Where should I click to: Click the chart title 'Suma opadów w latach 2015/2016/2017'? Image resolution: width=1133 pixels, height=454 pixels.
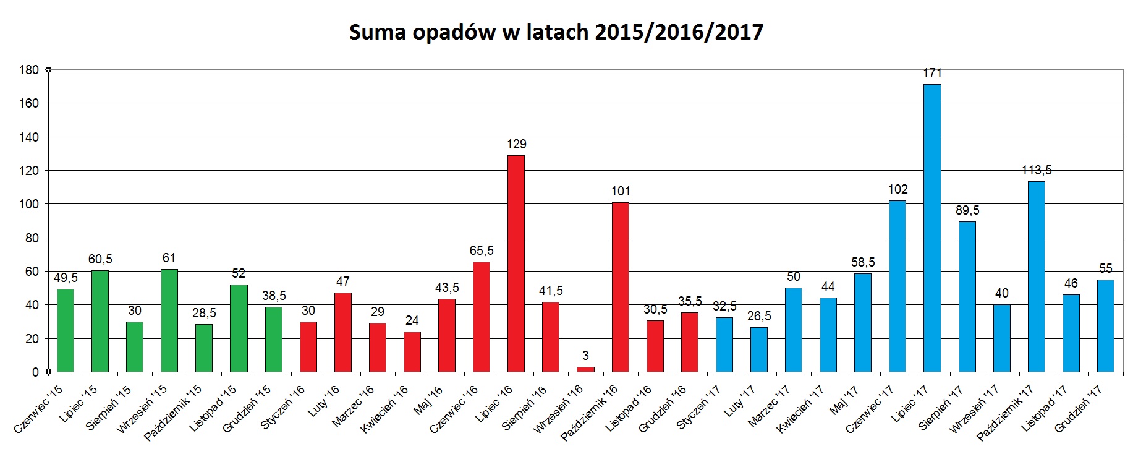click(x=556, y=32)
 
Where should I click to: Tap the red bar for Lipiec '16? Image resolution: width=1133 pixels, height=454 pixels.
click(x=516, y=263)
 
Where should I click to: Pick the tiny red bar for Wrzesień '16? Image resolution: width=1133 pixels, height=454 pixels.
click(x=585, y=369)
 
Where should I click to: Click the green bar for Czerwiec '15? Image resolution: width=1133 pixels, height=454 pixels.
click(x=66, y=330)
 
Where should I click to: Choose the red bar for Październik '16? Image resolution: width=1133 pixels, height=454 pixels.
click(x=620, y=287)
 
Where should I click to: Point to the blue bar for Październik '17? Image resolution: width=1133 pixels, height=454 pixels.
click(x=1036, y=276)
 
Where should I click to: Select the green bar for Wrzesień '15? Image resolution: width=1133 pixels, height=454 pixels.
click(x=169, y=320)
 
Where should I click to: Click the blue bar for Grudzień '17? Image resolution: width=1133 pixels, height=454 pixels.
click(x=1105, y=326)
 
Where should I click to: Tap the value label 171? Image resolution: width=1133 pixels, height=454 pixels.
click(x=932, y=73)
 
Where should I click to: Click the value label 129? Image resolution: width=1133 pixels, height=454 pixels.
click(x=516, y=144)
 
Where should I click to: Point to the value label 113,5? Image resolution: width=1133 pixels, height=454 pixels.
click(x=1036, y=170)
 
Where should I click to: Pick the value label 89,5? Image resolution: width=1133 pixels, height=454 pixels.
click(x=967, y=210)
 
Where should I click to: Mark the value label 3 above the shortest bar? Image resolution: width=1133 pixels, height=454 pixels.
click(x=585, y=356)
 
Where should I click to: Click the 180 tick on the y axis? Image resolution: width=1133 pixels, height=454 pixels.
click(x=29, y=70)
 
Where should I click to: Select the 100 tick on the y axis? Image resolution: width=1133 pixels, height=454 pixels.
click(x=29, y=204)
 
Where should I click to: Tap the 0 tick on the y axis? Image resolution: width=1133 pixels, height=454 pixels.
click(x=35, y=372)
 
